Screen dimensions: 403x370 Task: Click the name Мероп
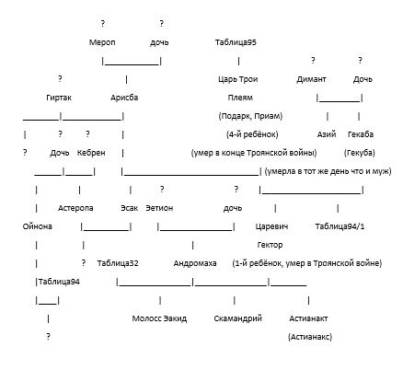102,42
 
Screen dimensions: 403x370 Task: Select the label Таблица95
236,42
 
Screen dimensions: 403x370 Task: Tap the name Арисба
124,98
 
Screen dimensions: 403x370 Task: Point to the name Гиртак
59,98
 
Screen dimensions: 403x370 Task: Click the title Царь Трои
238,79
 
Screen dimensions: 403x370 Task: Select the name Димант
311,79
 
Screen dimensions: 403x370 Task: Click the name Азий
327,134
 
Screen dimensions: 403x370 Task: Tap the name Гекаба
361,134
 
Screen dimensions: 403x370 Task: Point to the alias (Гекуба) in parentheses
360,153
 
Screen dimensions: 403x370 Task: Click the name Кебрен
91,153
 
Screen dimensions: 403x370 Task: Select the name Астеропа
75,208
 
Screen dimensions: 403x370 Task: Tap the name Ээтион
159,208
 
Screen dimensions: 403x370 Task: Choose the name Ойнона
38,226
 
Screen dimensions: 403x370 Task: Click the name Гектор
270,245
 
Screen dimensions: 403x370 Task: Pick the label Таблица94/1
340,226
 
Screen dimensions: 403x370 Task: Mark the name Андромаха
195,263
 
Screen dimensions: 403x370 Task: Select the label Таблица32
118,263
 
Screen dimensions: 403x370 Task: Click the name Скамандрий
238,318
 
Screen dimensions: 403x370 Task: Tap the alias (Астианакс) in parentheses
310,337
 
